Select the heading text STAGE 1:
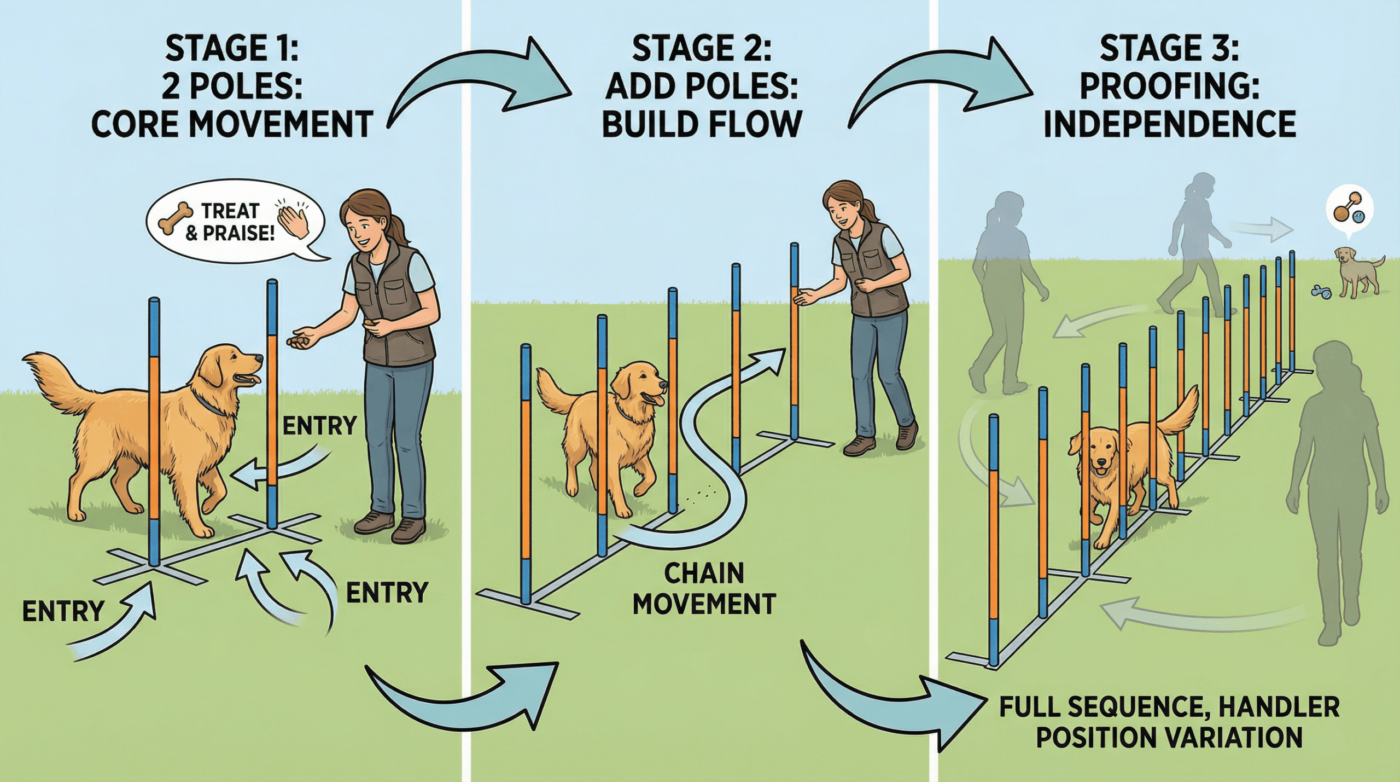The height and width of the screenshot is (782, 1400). click(232, 48)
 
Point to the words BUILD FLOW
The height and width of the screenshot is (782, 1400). click(702, 124)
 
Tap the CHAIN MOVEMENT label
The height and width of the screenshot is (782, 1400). click(704, 589)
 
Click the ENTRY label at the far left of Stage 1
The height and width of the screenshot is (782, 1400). click(63, 611)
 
